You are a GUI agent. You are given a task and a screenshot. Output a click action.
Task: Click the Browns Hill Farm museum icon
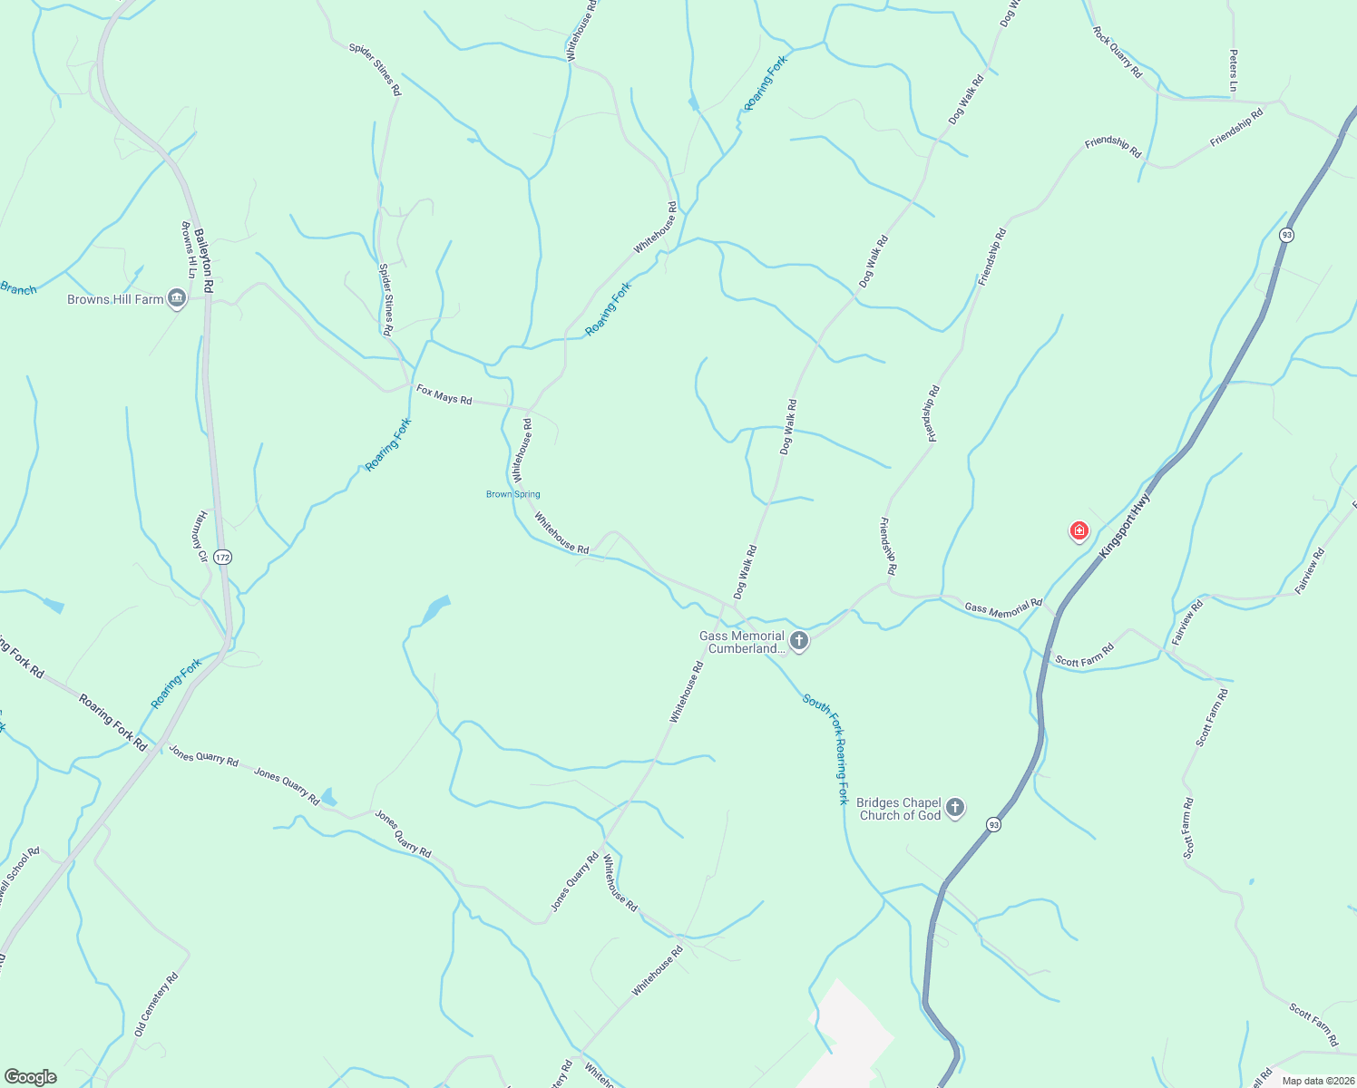177,298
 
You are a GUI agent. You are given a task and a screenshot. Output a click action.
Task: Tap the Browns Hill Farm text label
115,299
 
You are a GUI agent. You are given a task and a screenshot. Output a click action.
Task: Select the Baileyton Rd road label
203,259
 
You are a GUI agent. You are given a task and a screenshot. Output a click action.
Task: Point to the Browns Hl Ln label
189,249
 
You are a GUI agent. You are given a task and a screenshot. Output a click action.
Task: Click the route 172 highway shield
223,557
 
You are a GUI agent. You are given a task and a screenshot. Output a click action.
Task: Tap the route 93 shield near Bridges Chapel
994,825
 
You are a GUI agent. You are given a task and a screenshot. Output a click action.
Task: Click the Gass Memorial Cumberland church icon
798,641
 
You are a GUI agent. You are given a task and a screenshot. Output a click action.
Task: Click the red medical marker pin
1079,530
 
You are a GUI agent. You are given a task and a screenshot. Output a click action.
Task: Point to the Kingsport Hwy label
1124,526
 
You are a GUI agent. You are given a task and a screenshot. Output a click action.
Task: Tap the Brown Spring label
513,494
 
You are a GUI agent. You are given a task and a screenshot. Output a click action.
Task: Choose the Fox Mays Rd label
444,394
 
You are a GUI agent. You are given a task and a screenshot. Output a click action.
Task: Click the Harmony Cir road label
200,537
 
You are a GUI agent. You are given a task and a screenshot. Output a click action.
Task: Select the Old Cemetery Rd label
156,1005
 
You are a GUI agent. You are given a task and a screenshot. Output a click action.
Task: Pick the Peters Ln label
1233,70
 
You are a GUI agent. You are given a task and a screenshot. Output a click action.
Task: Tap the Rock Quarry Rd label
1117,53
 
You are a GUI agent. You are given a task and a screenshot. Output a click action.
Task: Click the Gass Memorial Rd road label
1003,607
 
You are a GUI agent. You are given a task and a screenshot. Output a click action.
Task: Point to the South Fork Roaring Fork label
826,749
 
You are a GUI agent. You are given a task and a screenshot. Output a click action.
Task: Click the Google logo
30,1077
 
